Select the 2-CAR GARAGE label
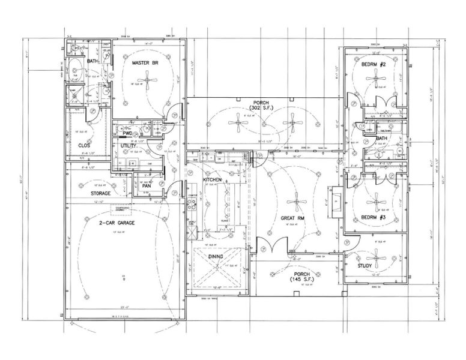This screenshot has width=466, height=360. [x=116, y=223]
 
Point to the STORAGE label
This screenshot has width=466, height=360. [x=100, y=194]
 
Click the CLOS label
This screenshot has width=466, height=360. [x=83, y=145]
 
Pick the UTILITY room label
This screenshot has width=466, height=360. [x=129, y=146]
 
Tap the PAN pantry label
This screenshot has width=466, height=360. [x=146, y=186]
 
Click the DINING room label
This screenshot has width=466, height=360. [x=216, y=257]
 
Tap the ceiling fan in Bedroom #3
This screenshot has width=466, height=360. [x=377, y=199]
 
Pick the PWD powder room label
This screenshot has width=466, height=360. [x=127, y=134]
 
